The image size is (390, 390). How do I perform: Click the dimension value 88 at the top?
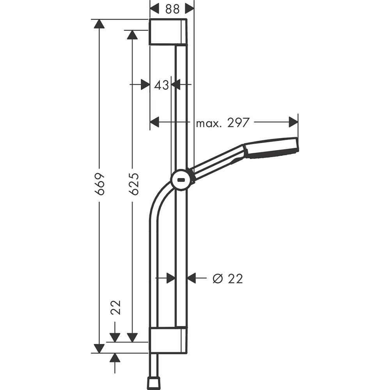tap(172, 9)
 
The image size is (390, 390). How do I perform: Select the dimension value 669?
tap(100, 184)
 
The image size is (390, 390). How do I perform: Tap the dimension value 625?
tap(133, 184)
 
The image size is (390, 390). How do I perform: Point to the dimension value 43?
tap(161, 85)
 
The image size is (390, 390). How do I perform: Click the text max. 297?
tap(222, 123)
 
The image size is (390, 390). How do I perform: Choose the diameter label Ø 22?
tap(228, 278)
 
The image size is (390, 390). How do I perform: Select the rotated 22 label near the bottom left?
tap(115, 307)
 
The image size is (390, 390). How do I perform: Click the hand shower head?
tap(272, 148)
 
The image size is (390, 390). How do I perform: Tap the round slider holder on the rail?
tap(182, 181)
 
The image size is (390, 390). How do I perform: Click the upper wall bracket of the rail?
tap(168, 32)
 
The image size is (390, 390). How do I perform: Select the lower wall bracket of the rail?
tap(168, 340)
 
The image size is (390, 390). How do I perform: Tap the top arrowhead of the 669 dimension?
tap(100, 24)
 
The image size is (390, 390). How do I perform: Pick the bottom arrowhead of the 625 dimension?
tap(133, 337)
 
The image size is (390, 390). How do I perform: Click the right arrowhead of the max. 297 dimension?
tap(293, 123)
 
